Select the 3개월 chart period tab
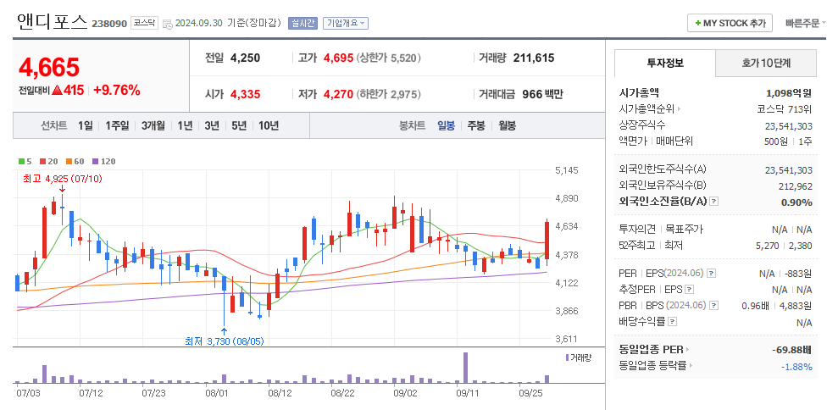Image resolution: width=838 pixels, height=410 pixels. coord(153,125)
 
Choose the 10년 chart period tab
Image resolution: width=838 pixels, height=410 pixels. coord(269,125)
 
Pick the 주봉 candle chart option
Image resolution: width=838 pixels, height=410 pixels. coord(475,125)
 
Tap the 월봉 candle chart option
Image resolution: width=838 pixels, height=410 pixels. coord(507,125)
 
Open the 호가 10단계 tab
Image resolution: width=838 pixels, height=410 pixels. coord(766,63)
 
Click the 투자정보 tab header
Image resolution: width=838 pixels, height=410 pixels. coord(665,63)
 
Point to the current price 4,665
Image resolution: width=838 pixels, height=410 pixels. coord(49,67)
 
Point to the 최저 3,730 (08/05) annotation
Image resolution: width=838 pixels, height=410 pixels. coord(225,341)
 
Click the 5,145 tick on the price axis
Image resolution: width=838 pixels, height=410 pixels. coord(566,170)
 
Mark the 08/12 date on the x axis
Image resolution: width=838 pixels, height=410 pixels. coord(280,393)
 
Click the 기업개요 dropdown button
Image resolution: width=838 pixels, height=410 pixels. coord(346,23)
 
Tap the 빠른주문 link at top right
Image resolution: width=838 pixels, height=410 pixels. coord(805,23)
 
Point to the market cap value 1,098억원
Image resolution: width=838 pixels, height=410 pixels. coord(789,92)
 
